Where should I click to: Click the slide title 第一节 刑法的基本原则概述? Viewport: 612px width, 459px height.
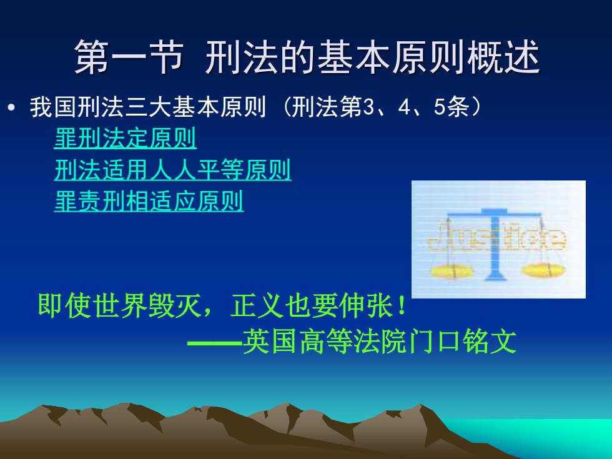tap(307, 57)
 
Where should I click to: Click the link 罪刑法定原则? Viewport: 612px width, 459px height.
tap(126, 138)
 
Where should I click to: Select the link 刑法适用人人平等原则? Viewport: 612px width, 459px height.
tap(173, 170)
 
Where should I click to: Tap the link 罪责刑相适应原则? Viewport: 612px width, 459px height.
tap(149, 201)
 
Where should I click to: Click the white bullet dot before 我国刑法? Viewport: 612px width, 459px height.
tap(12, 107)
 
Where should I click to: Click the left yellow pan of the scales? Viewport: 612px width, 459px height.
tap(451, 271)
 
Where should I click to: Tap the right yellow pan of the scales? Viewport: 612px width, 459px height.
tap(544, 270)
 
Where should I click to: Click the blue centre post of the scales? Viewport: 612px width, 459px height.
tap(495, 246)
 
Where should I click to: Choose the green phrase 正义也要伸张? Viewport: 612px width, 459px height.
tap(312, 305)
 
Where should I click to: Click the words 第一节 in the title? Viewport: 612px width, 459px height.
tap(129, 57)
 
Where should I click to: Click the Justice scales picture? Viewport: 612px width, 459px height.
tap(498, 239)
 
